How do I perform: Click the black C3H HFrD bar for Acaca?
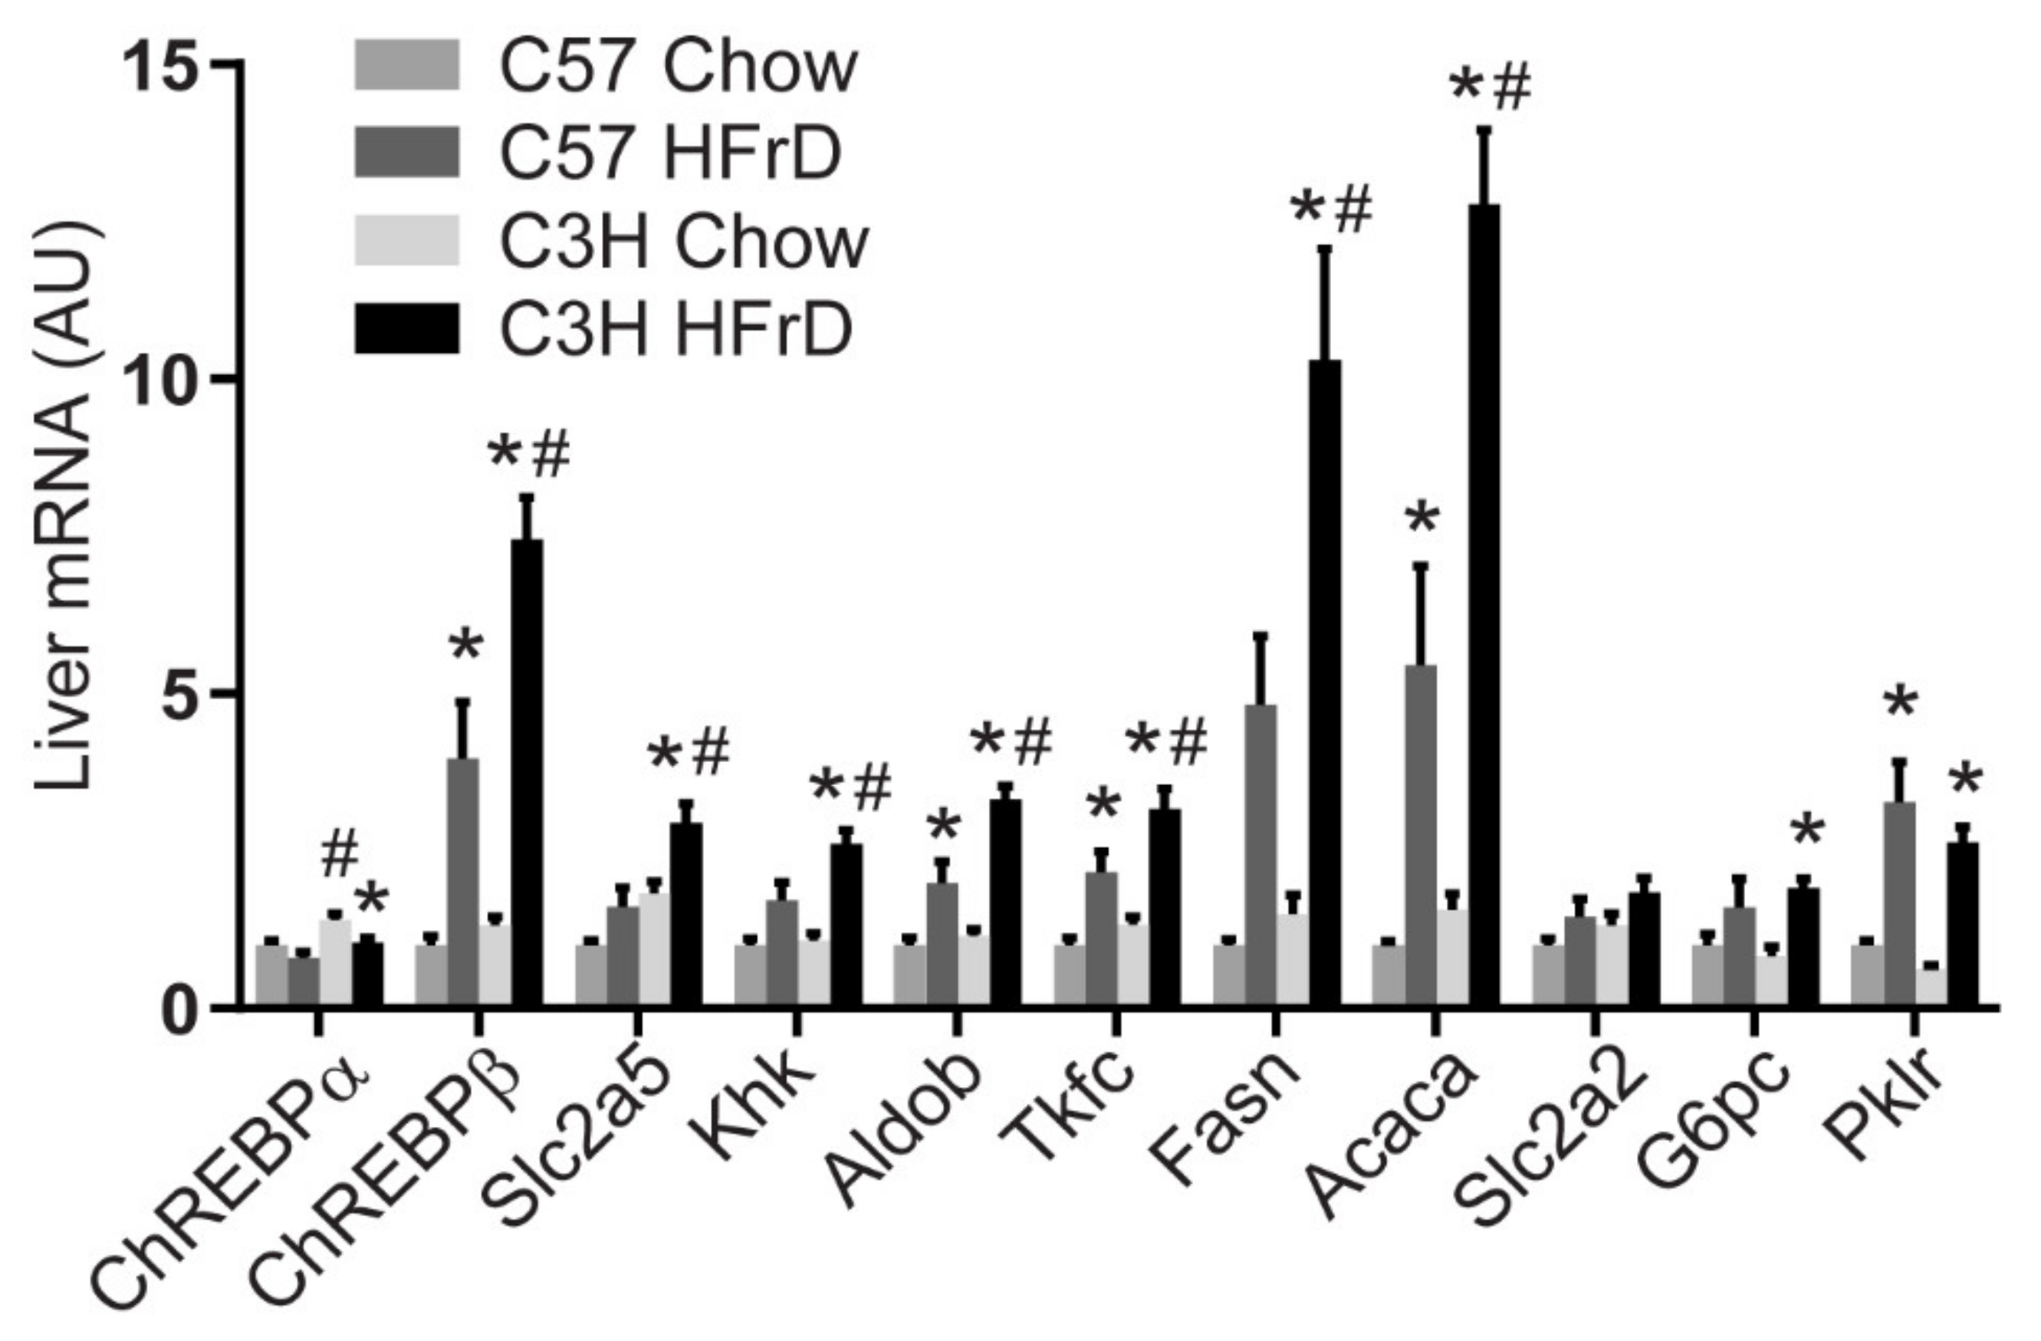click(x=1484, y=604)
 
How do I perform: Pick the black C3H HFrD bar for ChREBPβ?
click(x=527, y=771)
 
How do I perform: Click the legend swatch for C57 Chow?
click(x=407, y=65)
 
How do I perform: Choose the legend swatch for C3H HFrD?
click(x=407, y=329)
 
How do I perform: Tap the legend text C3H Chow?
click(x=683, y=242)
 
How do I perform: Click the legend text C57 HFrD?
click(x=670, y=153)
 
